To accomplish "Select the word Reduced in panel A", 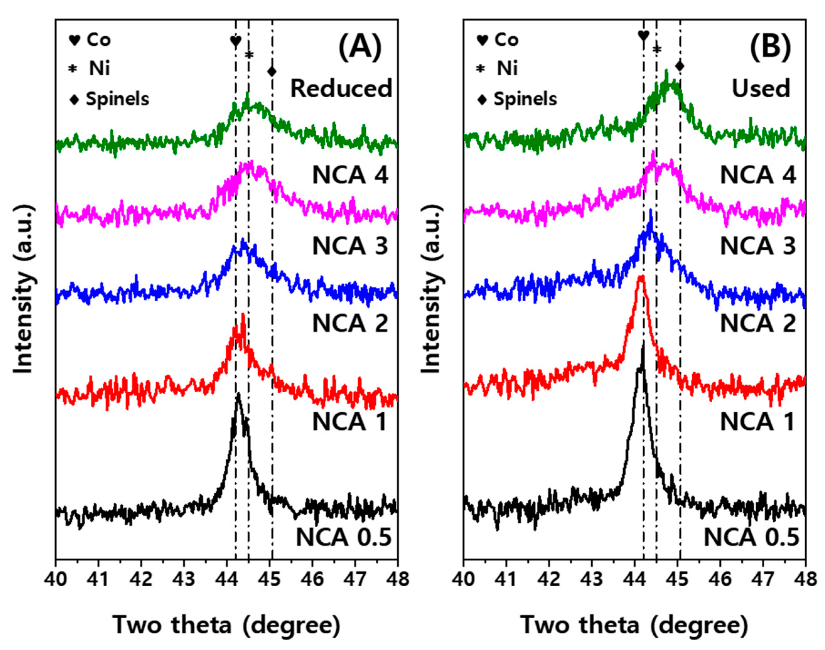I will coord(341,88).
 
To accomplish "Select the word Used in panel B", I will coord(761,88).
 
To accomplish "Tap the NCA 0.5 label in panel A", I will coord(344,537).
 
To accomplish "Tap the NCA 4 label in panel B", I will coord(758,175).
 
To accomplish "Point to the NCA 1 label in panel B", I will coord(757,422).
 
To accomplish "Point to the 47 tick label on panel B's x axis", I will coord(762,580).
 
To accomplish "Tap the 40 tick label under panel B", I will coord(463,580).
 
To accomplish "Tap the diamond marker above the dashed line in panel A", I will coord(272,71).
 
